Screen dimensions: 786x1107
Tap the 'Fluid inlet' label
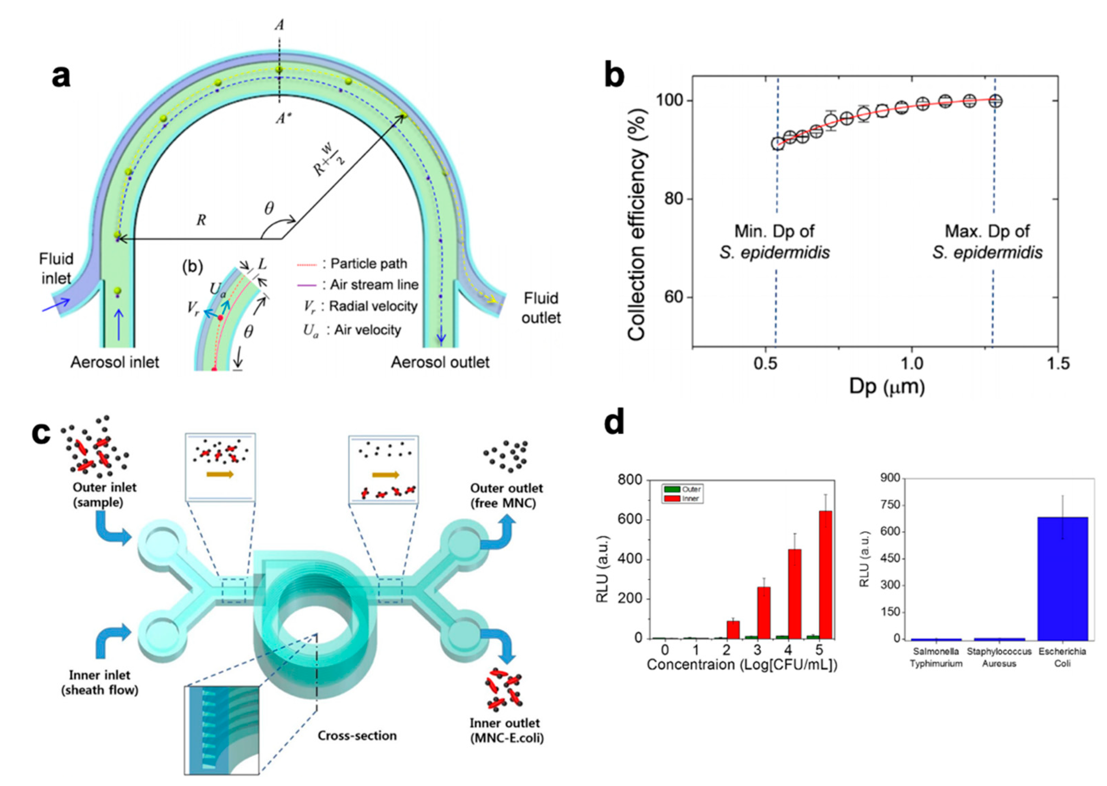(x=56, y=268)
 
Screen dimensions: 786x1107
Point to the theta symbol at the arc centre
(x=269, y=208)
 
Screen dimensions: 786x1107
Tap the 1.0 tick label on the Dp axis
(x=911, y=363)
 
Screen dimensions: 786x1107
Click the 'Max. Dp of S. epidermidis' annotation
(x=987, y=242)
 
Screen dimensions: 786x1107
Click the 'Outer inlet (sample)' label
(x=104, y=495)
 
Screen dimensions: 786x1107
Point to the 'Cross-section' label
(x=357, y=736)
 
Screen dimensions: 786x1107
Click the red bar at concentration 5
(x=825, y=574)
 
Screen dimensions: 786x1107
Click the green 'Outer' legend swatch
(x=672, y=489)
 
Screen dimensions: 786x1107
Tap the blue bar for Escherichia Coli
(x=1062, y=578)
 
